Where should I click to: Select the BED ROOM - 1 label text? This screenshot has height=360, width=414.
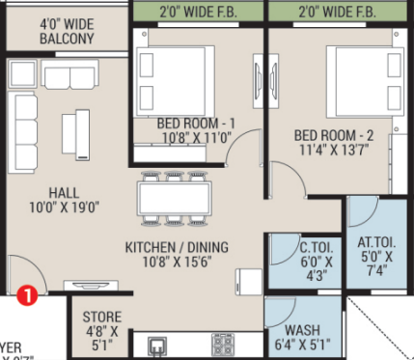point(196,123)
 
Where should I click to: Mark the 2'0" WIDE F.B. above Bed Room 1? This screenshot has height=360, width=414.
point(197,13)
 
